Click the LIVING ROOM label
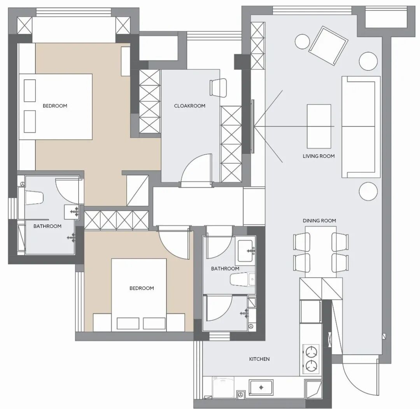coord(318,156)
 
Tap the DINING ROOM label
coord(319,221)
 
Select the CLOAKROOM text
coord(190,106)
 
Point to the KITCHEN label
coord(259,359)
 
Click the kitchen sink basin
coord(261,387)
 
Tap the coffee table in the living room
coord(319,126)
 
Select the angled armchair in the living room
coord(328,45)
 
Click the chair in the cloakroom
coord(218,87)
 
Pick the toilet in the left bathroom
coord(34,198)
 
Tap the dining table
coord(320,252)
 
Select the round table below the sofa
coord(368,191)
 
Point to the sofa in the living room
coord(361,127)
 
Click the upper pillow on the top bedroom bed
coord(30,91)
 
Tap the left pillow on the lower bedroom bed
coord(128,323)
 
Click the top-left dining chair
coord(302,241)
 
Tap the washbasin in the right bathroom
coord(245,251)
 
